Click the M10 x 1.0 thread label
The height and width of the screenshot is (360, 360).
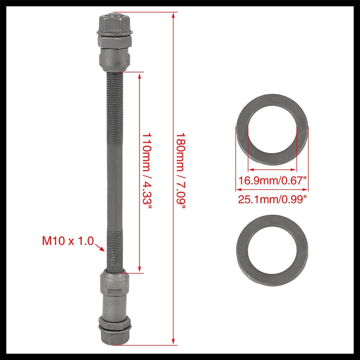(x=68, y=241)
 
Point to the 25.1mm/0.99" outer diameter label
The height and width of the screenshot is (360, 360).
(x=272, y=198)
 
